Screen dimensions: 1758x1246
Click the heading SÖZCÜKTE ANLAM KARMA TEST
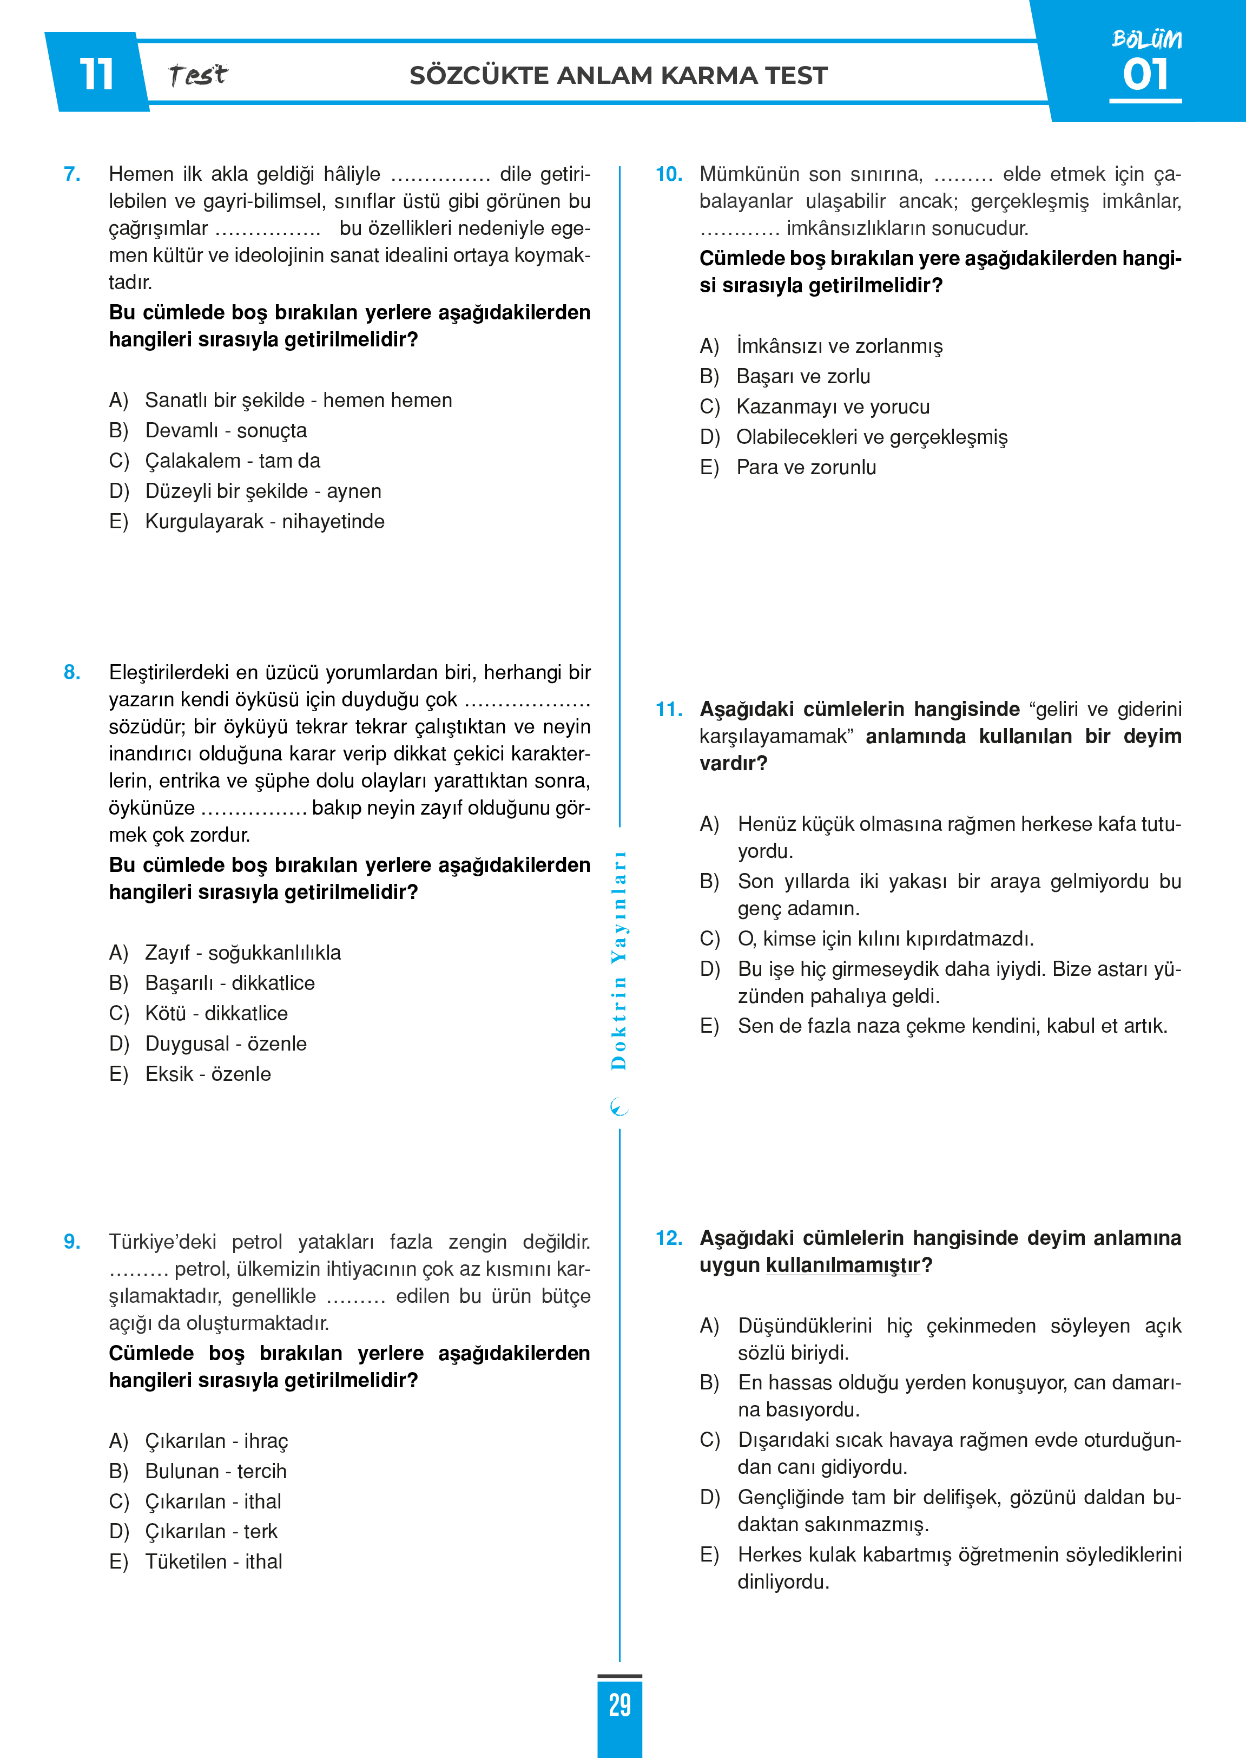(x=618, y=76)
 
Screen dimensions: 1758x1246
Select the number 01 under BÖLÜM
(x=1145, y=75)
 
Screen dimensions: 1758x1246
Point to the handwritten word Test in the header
(x=198, y=75)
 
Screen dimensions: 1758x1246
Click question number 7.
(x=72, y=174)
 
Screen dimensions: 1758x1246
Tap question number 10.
(x=668, y=174)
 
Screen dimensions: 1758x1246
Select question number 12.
(x=668, y=1238)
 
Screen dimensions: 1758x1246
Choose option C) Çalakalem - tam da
(x=215, y=461)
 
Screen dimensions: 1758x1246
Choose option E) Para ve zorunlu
(x=788, y=467)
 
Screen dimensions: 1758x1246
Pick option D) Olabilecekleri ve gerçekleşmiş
(x=854, y=437)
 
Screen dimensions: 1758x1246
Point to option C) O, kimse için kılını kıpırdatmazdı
(x=867, y=939)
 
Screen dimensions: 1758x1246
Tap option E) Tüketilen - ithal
(x=196, y=1562)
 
